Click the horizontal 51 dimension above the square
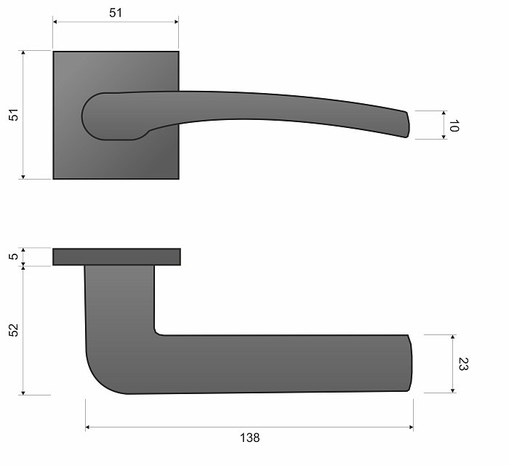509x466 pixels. [116, 13]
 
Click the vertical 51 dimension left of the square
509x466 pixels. [14, 115]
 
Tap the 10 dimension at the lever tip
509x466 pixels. [454, 126]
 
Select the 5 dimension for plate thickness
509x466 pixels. [14, 257]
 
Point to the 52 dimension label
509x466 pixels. [14, 330]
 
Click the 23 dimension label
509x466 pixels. [463, 363]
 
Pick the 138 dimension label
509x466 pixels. [249, 438]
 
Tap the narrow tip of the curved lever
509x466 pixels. [406, 124]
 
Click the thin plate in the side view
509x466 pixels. [116, 257]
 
